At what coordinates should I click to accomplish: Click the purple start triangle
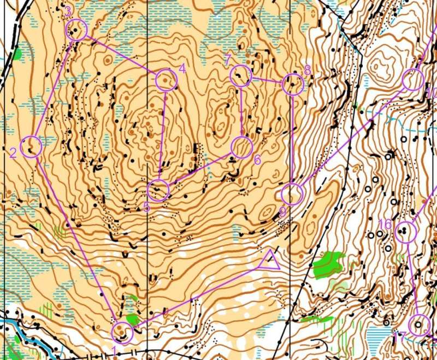270,261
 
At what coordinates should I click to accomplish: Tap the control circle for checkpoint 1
122,332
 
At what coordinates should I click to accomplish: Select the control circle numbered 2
32,147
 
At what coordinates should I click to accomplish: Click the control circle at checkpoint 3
76,29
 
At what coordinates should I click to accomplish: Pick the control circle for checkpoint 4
166,81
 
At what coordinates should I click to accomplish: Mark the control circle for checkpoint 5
158,190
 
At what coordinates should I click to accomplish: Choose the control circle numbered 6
241,147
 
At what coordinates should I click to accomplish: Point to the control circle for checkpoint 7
240,76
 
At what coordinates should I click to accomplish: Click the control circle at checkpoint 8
293,84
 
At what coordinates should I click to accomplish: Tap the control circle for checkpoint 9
292,194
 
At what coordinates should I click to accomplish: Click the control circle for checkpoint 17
419,325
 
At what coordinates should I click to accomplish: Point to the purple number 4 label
182,69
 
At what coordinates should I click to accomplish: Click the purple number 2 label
13,153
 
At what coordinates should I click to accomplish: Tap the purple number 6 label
257,160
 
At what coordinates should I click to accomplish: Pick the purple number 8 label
307,70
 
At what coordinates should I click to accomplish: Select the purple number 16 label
385,225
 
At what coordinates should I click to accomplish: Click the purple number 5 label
146,207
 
